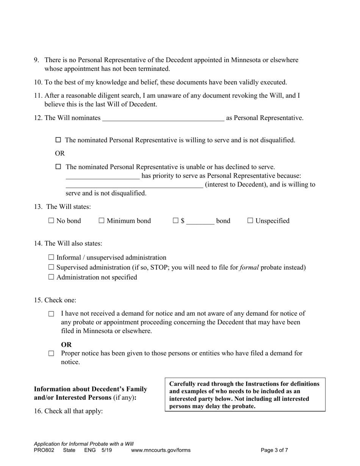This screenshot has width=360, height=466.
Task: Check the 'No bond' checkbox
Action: [52, 221]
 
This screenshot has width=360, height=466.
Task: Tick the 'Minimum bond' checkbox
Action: [102, 221]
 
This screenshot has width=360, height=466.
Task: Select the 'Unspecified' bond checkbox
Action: [250, 221]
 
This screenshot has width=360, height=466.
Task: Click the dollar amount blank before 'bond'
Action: [200, 221]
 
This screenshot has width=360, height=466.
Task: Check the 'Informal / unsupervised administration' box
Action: [52, 258]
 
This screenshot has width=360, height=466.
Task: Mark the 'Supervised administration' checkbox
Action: [52, 267]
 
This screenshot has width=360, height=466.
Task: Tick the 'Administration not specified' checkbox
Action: [52, 277]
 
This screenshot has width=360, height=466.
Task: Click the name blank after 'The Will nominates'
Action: [163, 118]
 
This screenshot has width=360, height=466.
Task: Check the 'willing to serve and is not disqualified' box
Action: [58, 140]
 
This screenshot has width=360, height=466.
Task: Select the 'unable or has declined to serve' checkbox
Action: [58, 167]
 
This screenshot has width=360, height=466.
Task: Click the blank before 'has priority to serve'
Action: [102, 176]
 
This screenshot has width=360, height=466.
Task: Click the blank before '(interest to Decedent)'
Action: [134, 185]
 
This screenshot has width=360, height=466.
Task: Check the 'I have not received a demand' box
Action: [52, 314]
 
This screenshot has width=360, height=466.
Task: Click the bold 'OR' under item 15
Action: [66, 345]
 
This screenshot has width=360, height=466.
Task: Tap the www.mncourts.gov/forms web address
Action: [161, 450]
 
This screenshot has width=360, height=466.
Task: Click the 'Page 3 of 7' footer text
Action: [274, 450]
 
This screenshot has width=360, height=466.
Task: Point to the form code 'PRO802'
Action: [44, 450]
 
